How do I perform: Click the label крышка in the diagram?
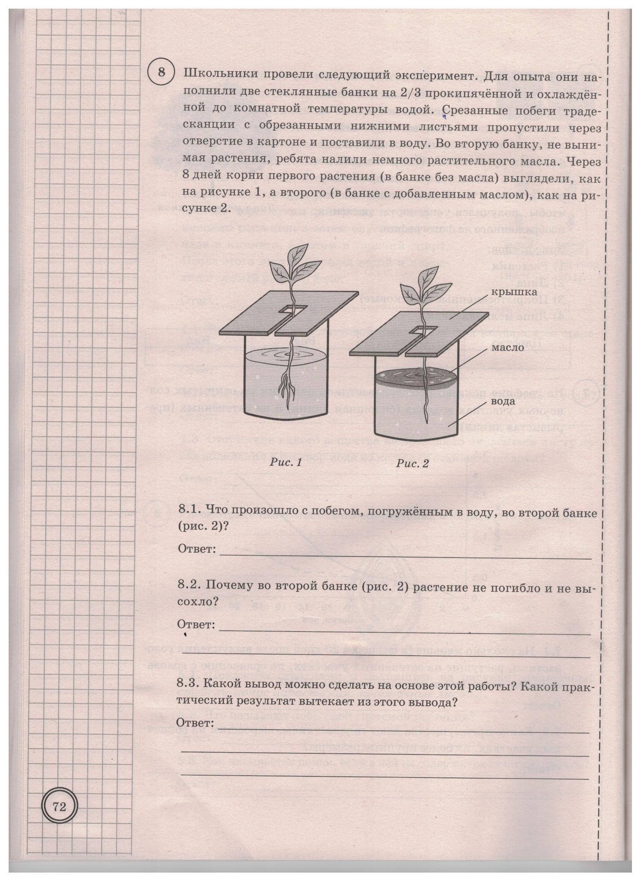(509, 291)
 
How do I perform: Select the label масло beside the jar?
(508, 347)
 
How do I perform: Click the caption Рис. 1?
(285, 463)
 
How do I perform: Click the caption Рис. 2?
(412, 464)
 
